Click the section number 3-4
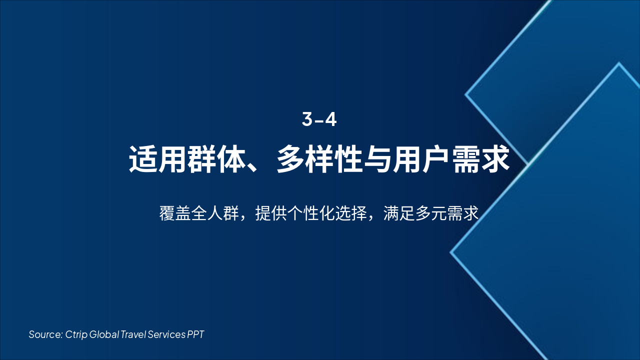point(319,119)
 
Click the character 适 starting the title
point(143,159)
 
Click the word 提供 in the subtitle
point(271,213)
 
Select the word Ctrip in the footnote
point(76,334)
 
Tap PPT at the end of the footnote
point(195,334)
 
